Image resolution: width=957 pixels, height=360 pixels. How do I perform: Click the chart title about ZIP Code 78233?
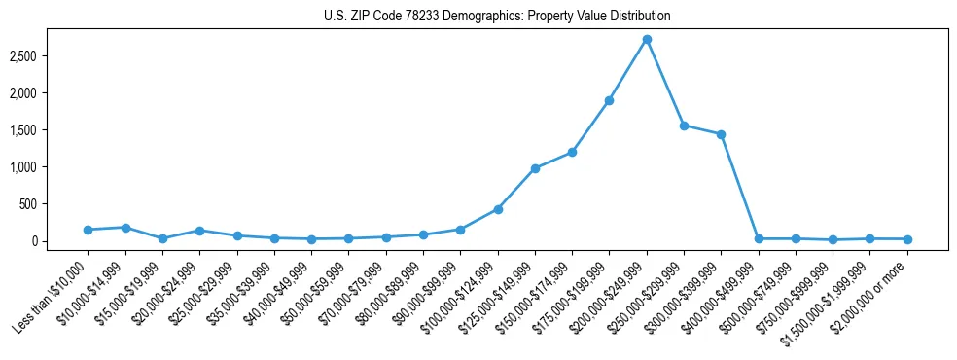[x=497, y=17]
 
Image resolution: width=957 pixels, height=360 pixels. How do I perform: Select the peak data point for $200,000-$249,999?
[x=647, y=39]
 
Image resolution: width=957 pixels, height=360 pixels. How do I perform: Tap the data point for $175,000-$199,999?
[x=609, y=100]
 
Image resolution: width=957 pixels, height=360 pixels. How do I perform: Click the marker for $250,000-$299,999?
[x=684, y=126]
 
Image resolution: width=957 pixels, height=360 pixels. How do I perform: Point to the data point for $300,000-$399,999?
[x=721, y=134]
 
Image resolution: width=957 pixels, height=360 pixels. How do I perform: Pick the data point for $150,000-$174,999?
[x=572, y=152]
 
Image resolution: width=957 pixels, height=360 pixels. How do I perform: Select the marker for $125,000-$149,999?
[x=535, y=168]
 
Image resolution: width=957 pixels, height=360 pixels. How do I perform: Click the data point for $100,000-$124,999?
[x=498, y=209]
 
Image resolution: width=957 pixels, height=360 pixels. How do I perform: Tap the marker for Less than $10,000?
[x=88, y=230]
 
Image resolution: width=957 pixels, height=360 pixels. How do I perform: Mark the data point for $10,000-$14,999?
[x=125, y=228]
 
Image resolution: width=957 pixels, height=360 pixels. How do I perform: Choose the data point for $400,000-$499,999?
[x=759, y=238]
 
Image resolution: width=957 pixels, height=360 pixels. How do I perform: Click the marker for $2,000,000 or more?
[x=907, y=239]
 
